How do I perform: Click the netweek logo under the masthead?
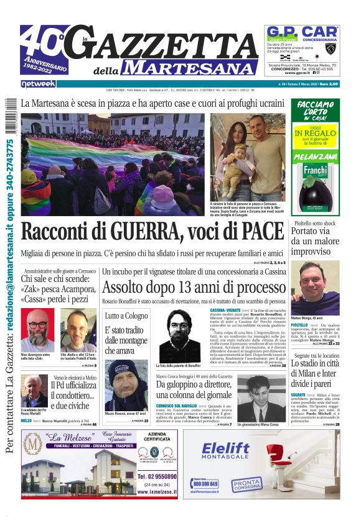38,83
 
